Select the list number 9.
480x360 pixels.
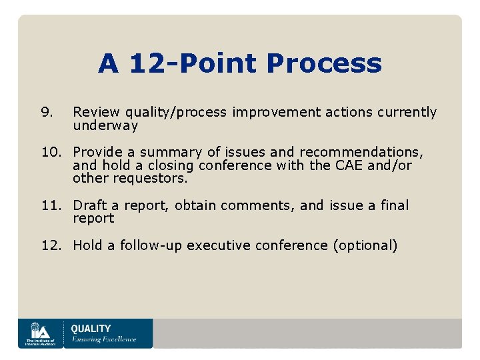[x=46, y=112]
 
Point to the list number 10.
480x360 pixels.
[x=51, y=152]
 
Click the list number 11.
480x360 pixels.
[x=51, y=205]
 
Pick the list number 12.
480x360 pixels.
[x=51, y=245]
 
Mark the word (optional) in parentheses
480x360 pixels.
[x=365, y=245]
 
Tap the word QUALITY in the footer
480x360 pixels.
[x=91, y=328]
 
